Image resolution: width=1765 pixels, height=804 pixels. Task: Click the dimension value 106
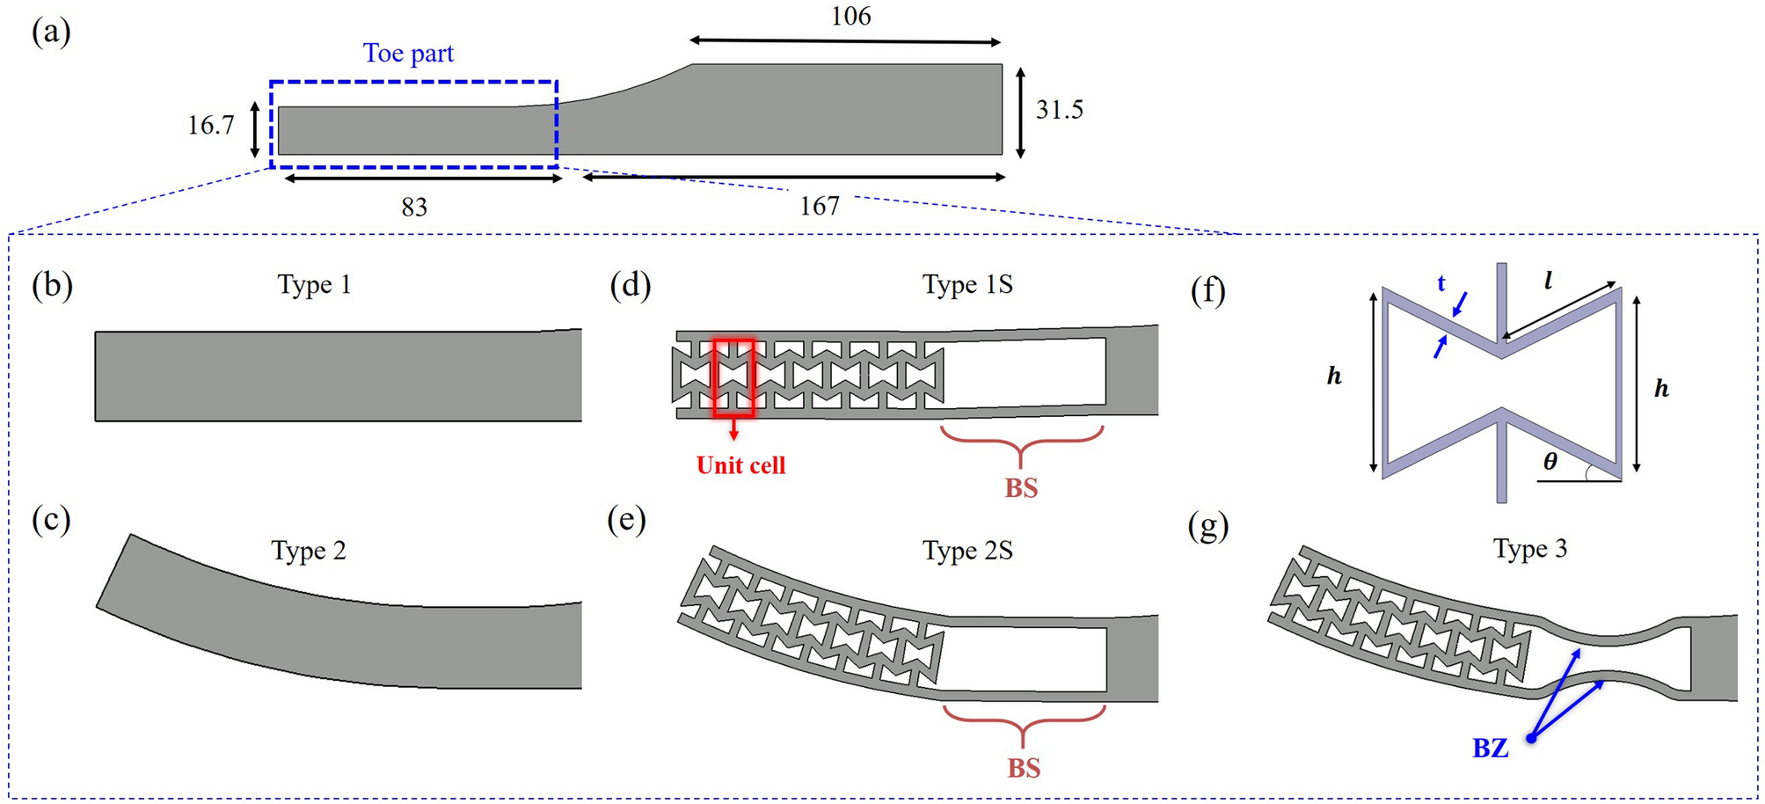click(850, 17)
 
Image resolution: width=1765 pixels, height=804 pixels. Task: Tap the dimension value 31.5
click(1060, 110)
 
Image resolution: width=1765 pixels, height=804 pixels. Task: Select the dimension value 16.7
click(211, 126)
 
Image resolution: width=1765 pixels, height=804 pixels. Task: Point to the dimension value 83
click(414, 208)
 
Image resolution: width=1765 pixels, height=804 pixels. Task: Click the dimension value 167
click(820, 206)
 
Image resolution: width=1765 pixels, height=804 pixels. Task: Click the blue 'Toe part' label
click(408, 54)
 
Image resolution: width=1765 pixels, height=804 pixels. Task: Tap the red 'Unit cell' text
click(740, 465)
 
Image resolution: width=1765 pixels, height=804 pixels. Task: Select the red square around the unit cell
click(733, 376)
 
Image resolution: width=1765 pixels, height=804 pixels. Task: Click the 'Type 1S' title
click(967, 285)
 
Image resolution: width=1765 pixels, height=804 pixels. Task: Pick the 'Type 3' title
click(1530, 549)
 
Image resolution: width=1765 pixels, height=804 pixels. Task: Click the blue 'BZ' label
click(1491, 749)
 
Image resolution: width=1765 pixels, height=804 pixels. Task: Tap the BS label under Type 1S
click(1021, 488)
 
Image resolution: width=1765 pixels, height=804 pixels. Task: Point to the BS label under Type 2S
click(1024, 768)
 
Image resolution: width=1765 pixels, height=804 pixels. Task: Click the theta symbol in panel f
click(1550, 462)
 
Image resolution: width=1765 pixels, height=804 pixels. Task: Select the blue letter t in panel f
click(1441, 283)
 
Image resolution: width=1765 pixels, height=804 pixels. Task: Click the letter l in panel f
click(1548, 281)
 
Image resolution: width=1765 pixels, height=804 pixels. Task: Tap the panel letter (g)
click(1207, 526)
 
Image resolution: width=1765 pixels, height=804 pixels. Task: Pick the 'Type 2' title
click(309, 551)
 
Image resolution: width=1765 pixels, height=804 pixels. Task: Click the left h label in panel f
click(1334, 376)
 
